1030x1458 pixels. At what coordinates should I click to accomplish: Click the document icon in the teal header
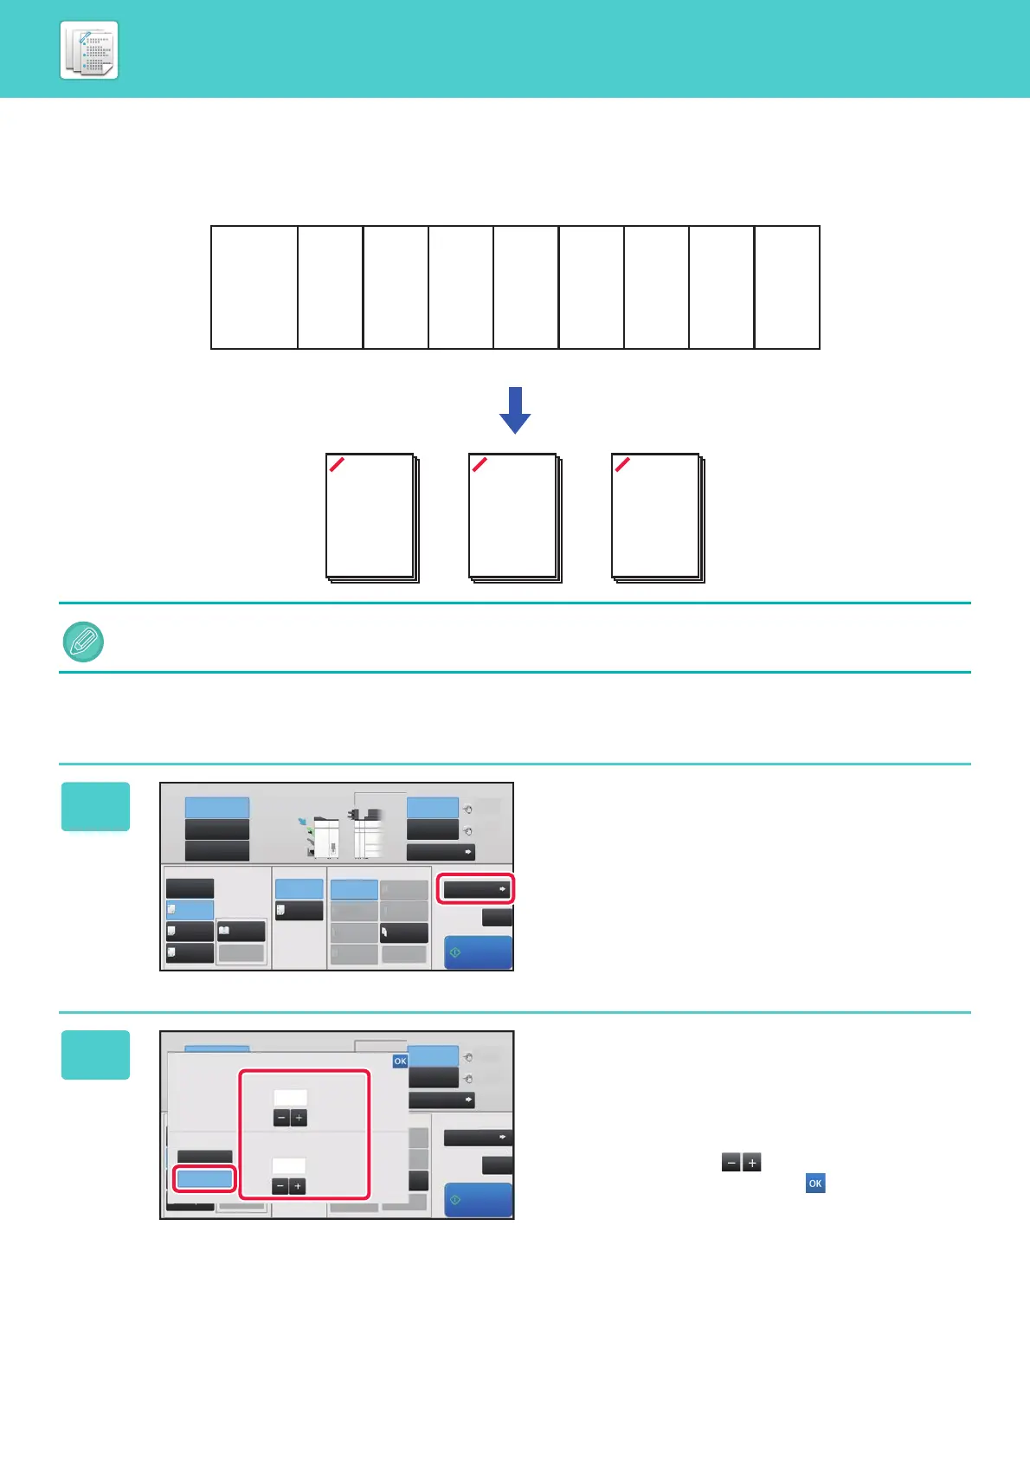coord(89,51)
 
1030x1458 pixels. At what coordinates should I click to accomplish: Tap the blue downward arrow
coord(515,410)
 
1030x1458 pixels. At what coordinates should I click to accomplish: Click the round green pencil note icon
coord(84,642)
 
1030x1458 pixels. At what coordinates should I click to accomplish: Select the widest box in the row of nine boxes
coord(254,287)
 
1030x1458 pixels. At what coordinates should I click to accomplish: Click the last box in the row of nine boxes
coord(787,287)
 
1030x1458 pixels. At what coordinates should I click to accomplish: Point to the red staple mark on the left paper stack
coord(338,464)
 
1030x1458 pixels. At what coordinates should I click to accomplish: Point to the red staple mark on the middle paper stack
coord(480,464)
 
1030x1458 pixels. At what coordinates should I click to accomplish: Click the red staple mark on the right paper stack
coord(622,464)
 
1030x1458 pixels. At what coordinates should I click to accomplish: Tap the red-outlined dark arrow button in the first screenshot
coord(475,889)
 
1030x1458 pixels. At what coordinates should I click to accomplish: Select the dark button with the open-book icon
coord(241,932)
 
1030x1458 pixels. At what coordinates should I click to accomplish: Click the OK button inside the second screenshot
coord(400,1061)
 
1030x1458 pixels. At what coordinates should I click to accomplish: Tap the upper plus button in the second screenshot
coord(299,1119)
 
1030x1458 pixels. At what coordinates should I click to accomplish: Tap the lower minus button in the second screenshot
coord(280,1186)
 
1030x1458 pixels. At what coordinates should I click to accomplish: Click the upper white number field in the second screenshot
coord(290,1098)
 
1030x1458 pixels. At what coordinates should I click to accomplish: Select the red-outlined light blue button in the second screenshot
coord(204,1178)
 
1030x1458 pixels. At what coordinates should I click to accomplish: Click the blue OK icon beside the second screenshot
coord(815,1184)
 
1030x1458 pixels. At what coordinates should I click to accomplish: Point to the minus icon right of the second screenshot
coord(731,1164)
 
